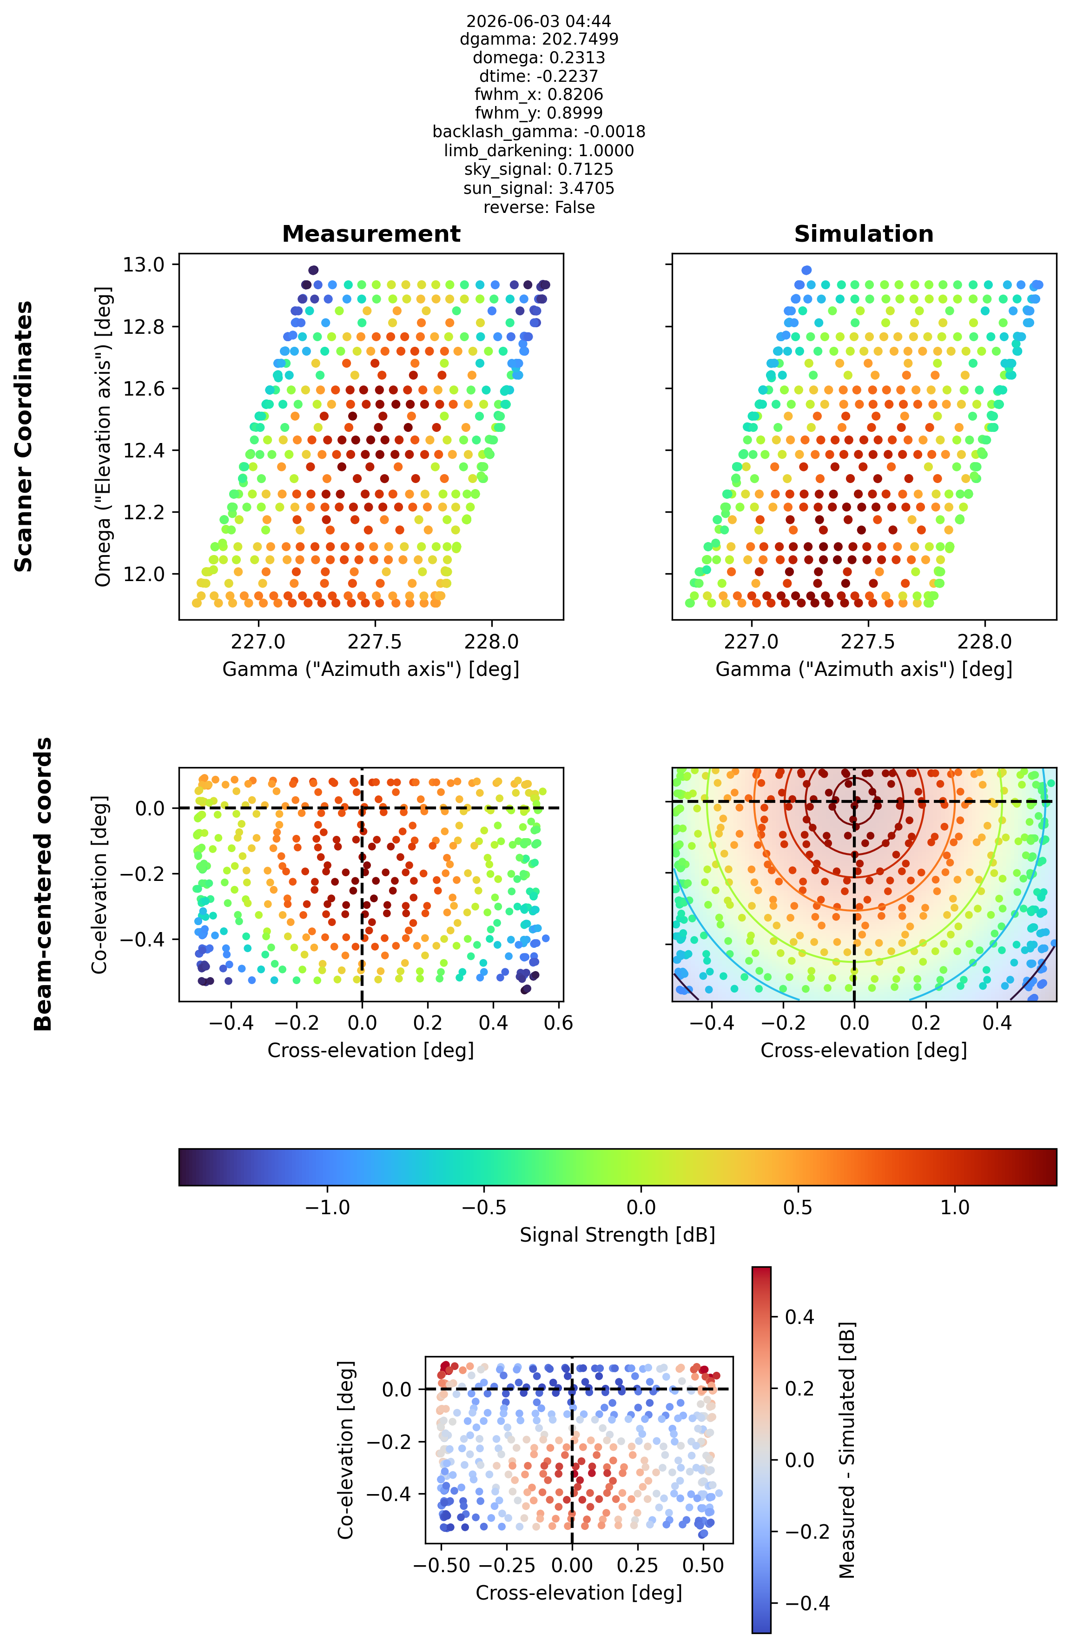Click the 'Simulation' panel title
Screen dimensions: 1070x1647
click(864, 234)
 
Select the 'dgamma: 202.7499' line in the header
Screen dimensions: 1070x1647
click(539, 40)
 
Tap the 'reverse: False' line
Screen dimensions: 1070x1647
click(539, 208)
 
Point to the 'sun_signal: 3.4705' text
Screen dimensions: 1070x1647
click(539, 189)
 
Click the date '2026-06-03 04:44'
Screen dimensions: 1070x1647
click(539, 21)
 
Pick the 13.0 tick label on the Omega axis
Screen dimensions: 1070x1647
click(144, 265)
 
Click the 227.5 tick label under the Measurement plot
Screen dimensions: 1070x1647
click(375, 642)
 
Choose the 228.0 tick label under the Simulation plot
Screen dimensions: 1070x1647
click(984, 642)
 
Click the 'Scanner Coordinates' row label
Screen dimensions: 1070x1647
click(24, 437)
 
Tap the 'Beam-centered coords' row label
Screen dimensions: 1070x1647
click(43, 884)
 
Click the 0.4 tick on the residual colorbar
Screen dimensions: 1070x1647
click(799, 1317)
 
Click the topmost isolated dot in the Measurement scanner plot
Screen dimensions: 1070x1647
click(314, 271)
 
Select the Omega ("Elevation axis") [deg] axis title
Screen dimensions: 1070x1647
click(103, 437)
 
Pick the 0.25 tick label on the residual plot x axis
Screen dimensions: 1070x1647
click(637, 1566)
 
